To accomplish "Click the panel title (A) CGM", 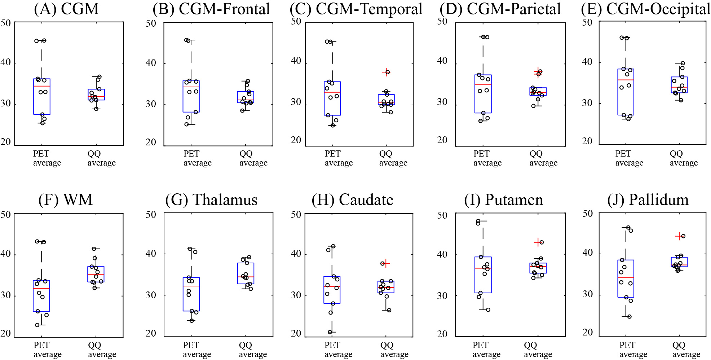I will click(x=66, y=9).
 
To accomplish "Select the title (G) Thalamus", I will click(x=211, y=200).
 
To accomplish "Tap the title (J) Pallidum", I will click(x=648, y=200).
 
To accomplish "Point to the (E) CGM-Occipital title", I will click(x=645, y=9).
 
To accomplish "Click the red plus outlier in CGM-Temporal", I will click(x=386, y=72).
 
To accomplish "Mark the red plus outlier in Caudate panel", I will click(x=386, y=264).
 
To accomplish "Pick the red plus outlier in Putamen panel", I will click(x=538, y=242).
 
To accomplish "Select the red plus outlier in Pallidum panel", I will click(x=679, y=236).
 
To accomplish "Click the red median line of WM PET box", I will click(x=41, y=289).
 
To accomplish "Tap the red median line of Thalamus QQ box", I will click(x=246, y=277).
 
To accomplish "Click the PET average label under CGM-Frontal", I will click(x=197, y=158).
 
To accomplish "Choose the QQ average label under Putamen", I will click(x=538, y=350).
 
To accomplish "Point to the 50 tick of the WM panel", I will click(x=6, y=215).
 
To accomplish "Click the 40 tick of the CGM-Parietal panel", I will click(x=442, y=61).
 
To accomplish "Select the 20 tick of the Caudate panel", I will click(x=296, y=333).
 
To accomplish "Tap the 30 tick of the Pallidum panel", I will click(x=588, y=294).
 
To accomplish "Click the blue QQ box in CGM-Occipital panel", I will click(x=679, y=85).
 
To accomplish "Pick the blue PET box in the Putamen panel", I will click(x=483, y=275).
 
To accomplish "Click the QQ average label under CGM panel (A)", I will click(x=101, y=158).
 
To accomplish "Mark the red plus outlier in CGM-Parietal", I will click(x=538, y=72).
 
